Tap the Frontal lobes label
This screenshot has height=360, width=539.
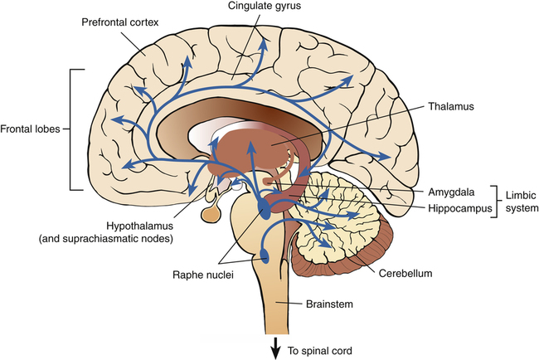pos(32,129)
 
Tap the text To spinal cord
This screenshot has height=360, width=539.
pos(319,350)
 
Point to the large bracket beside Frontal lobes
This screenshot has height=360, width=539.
pos(72,129)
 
